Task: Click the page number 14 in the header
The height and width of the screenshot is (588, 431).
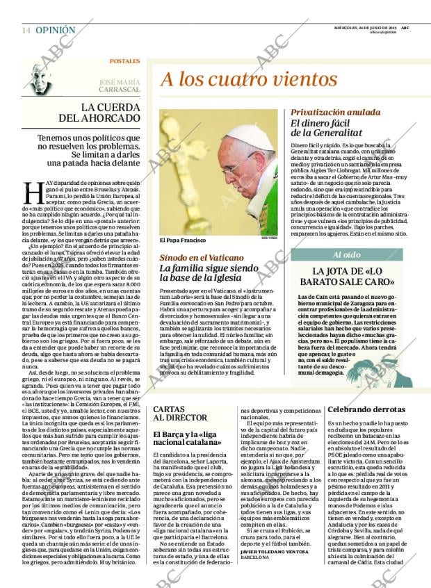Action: pos(26,30)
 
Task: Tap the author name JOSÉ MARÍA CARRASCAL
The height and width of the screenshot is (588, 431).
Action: pos(119,86)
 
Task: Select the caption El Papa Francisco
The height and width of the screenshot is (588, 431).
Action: pos(184,240)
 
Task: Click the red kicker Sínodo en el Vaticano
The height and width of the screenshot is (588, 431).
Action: pos(202,257)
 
